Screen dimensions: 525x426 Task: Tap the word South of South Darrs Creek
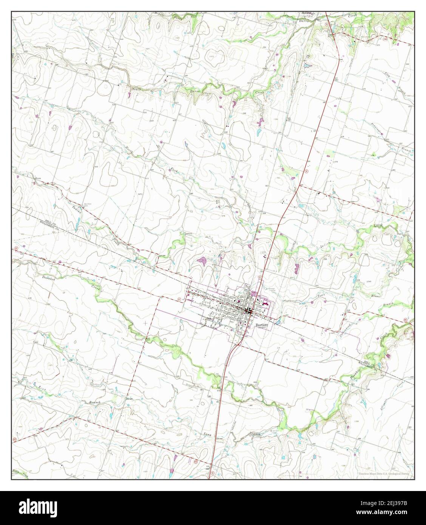coord(136,89)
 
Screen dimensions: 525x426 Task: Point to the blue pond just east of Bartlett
coord(278,321)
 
